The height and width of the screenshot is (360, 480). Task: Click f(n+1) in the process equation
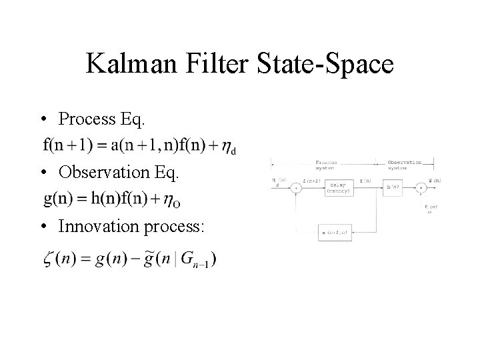66,144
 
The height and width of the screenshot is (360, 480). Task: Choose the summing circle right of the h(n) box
421,189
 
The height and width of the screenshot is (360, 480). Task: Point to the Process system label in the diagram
326,164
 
